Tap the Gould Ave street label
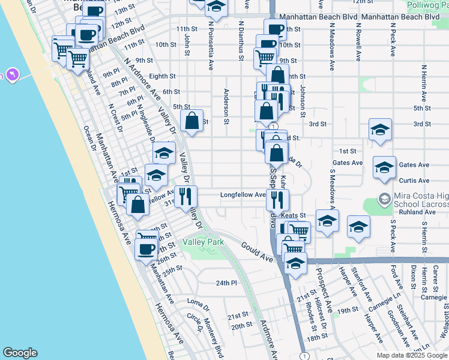tap(258, 251)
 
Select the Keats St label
tap(294, 215)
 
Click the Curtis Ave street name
tap(414, 181)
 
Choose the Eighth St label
tap(161, 76)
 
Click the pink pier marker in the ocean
tap(11, 75)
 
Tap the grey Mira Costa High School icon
tap(384, 197)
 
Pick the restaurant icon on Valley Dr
tap(185, 195)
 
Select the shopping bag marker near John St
tap(191, 121)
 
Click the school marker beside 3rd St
tap(379, 130)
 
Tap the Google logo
tap(20, 353)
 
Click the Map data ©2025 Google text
tap(411, 355)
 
